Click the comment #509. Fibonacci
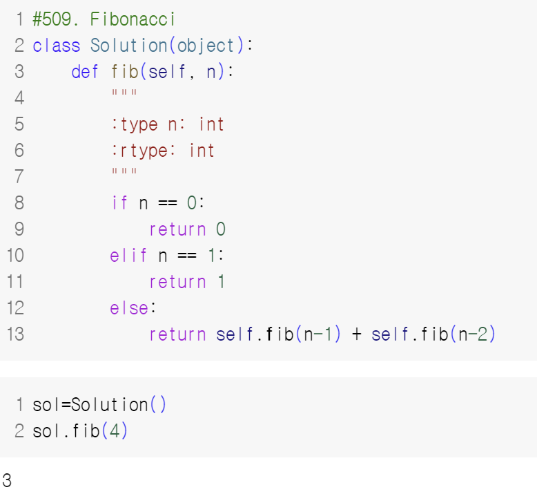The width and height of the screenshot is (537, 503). [x=104, y=19]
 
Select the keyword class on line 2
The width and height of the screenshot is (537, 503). [x=57, y=46]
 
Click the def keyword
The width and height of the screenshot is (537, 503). [x=85, y=72]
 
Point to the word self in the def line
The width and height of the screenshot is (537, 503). [x=166, y=72]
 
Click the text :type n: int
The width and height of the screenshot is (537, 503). [x=168, y=124]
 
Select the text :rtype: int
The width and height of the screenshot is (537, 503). [x=163, y=151]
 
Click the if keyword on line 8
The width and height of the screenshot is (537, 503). [x=119, y=203]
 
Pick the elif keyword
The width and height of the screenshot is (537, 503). [x=128, y=256]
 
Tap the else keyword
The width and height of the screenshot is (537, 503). [x=128, y=308]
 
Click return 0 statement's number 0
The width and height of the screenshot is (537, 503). [x=221, y=229]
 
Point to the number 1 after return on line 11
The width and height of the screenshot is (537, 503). [x=221, y=282]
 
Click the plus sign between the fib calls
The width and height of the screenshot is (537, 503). [x=356, y=334]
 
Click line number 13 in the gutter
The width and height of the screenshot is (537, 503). [x=15, y=334]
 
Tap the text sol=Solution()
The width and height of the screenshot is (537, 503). [x=99, y=405]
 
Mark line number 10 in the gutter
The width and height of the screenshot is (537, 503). [x=15, y=256]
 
